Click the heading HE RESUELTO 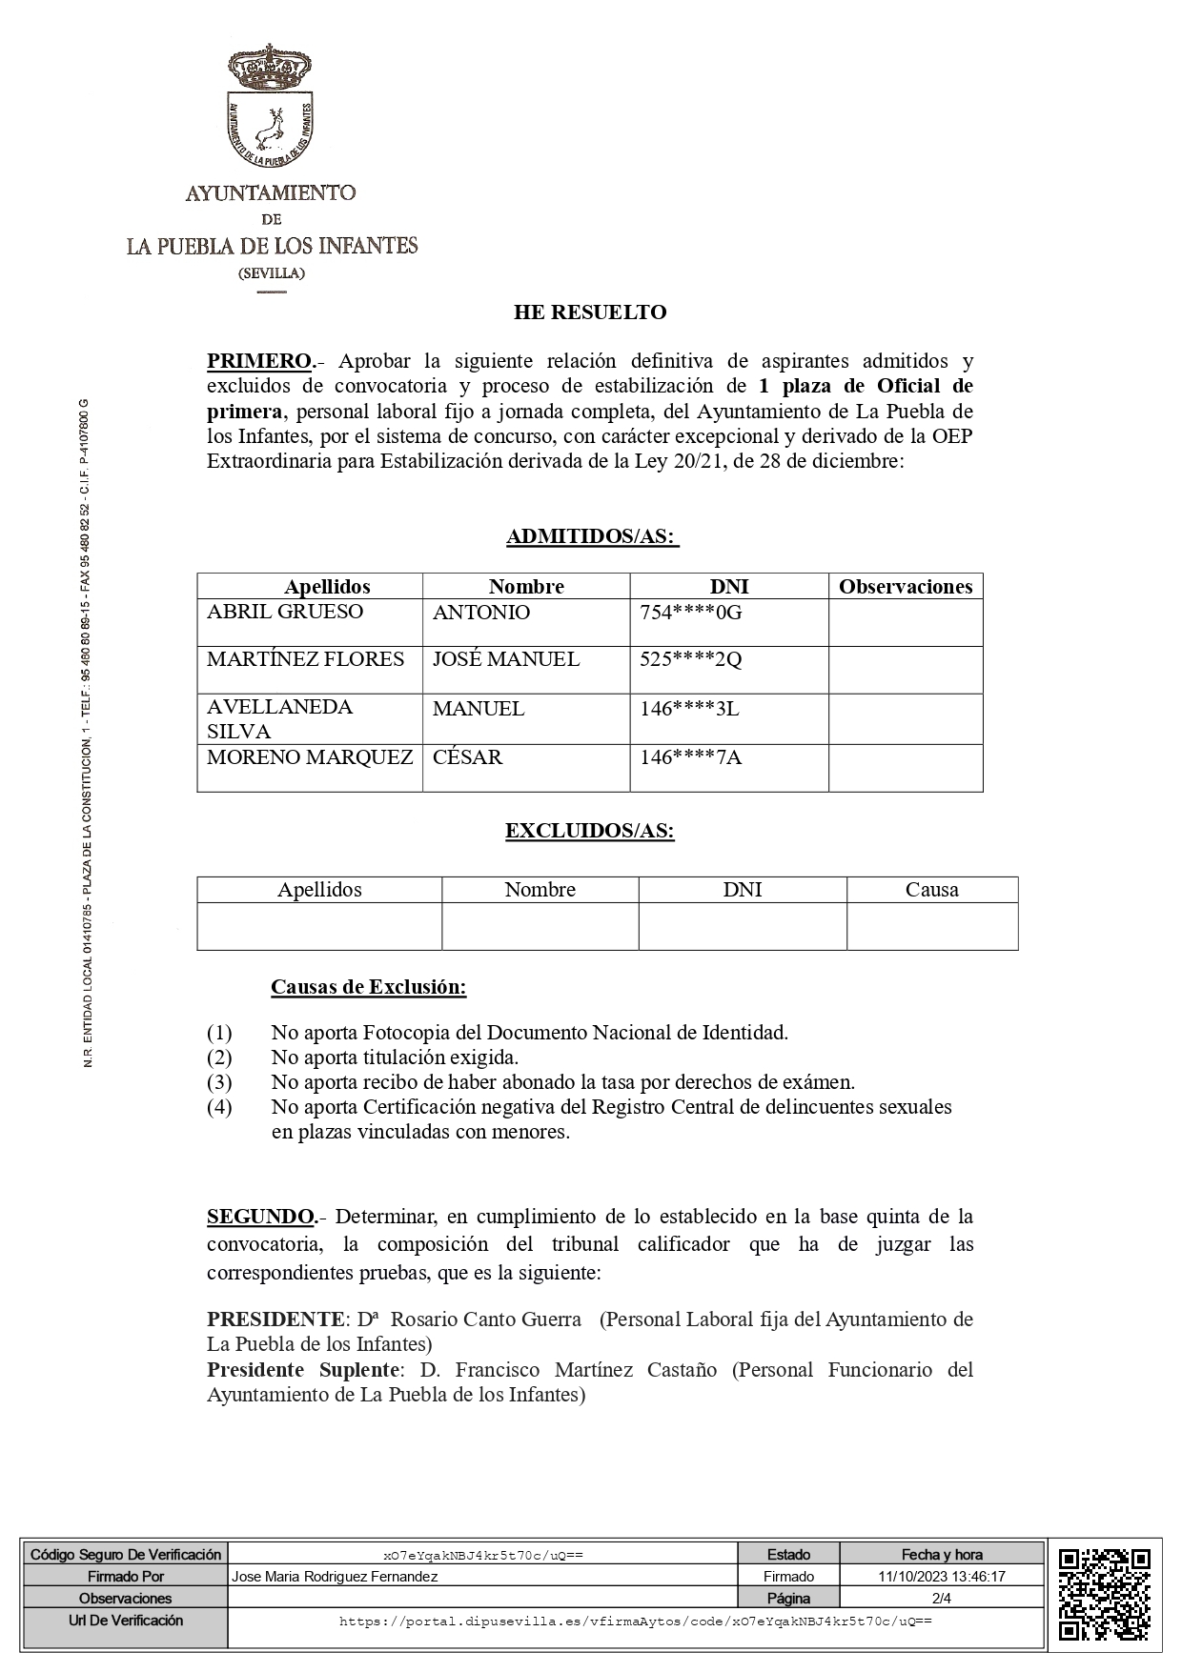pos(590,312)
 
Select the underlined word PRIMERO pos(259,361)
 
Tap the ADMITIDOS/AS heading pos(591,537)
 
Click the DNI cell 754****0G pos(691,613)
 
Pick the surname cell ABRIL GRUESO pos(285,612)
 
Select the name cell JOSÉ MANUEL pos(506,659)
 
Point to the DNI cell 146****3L pos(690,709)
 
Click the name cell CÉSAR pos(467,757)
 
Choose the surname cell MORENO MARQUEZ pos(310,757)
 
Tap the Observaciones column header pos(906,587)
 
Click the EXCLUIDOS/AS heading pos(590,831)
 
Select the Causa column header pos(931,890)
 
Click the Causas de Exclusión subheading pos(369,987)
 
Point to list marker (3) pos(219,1082)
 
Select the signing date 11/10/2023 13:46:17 pos(942,1577)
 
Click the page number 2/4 pos(942,1599)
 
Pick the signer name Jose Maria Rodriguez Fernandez pos(335,1577)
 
